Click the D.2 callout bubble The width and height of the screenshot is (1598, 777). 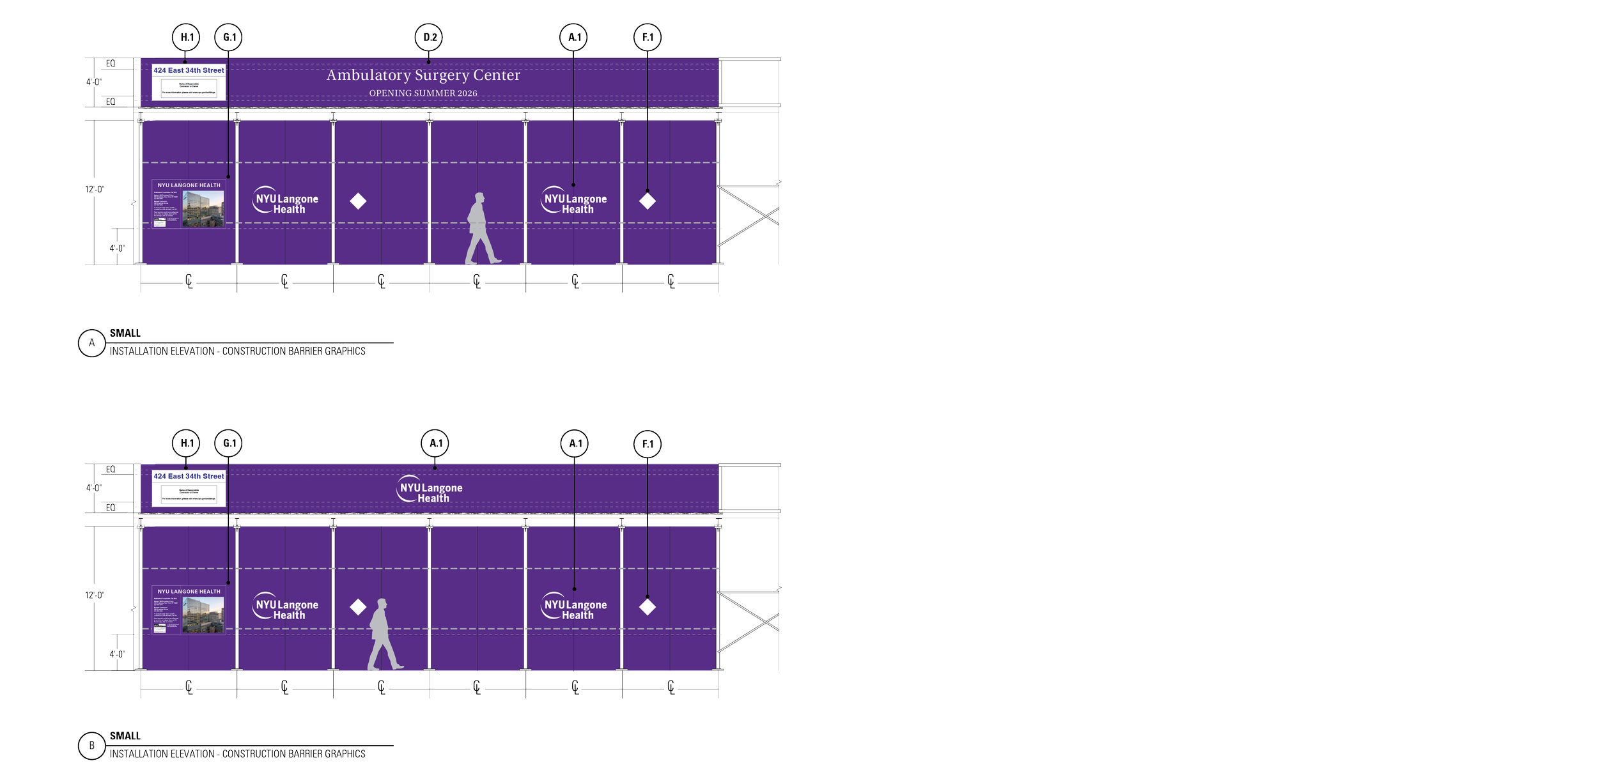pyautogui.click(x=430, y=38)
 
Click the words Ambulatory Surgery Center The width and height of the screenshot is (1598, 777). pyautogui.click(x=423, y=75)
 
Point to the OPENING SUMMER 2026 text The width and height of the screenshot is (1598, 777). pyautogui.click(x=423, y=93)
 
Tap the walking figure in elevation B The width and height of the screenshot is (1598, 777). pyautogui.click(x=384, y=635)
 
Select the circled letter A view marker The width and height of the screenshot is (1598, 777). pyautogui.click(x=91, y=343)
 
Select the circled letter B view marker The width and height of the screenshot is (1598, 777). pyautogui.click(x=91, y=746)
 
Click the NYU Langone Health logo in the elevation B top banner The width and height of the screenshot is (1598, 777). pyautogui.click(x=430, y=489)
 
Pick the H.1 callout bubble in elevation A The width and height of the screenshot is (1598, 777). pyautogui.click(x=185, y=38)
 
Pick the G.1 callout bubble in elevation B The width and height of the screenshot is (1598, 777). pyautogui.click(x=229, y=443)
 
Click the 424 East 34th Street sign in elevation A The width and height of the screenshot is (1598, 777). pyautogui.click(x=189, y=81)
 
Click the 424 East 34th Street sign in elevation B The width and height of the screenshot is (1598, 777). pyautogui.click(x=189, y=487)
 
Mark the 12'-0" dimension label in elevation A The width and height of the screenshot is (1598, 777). pyautogui.click(x=95, y=190)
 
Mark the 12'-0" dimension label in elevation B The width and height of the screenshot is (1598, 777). pyautogui.click(x=95, y=596)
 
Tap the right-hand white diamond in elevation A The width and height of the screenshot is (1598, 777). pyautogui.click(x=648, y=201)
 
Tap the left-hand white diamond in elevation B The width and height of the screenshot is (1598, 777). pyautogui.click(x=358, y=607)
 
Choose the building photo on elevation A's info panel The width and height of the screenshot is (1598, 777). pyautogui.click(x=203, y=208)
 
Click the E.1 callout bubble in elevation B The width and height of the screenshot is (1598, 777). pyautogui.click(x=648, y=445)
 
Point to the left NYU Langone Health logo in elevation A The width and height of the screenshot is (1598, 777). pyautogui.click(x=286, y=200)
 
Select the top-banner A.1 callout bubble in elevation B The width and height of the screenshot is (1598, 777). pyautogui.click(x=435, y=443)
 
